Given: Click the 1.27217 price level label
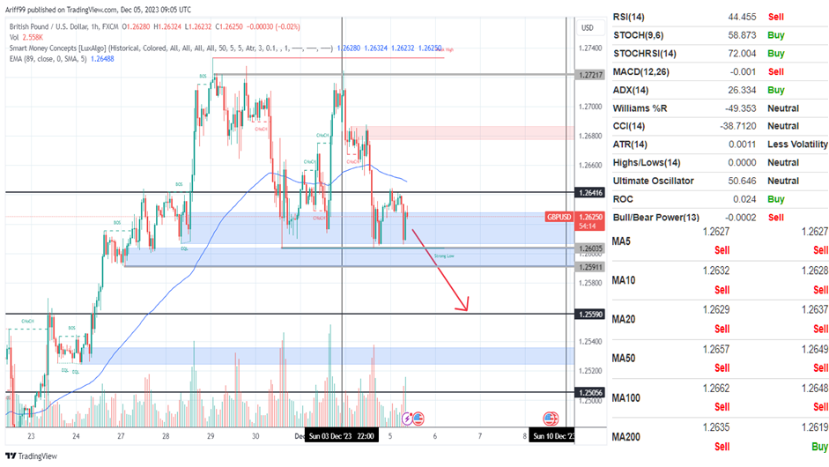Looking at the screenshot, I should [x=590, y=75].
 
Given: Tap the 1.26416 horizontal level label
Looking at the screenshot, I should [x=590, y=192].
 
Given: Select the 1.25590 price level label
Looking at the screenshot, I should [x=590, y=315].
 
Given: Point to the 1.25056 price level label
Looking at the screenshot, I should [x=590, y=392].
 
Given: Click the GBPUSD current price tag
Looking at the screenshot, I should [x=560, y=216].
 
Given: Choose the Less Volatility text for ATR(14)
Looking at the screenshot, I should [x=797, y=145].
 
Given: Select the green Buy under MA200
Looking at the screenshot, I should [x=818, y=448].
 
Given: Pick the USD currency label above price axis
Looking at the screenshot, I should [x=587, y=28].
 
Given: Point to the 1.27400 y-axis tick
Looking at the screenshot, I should [x=590, y=48].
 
